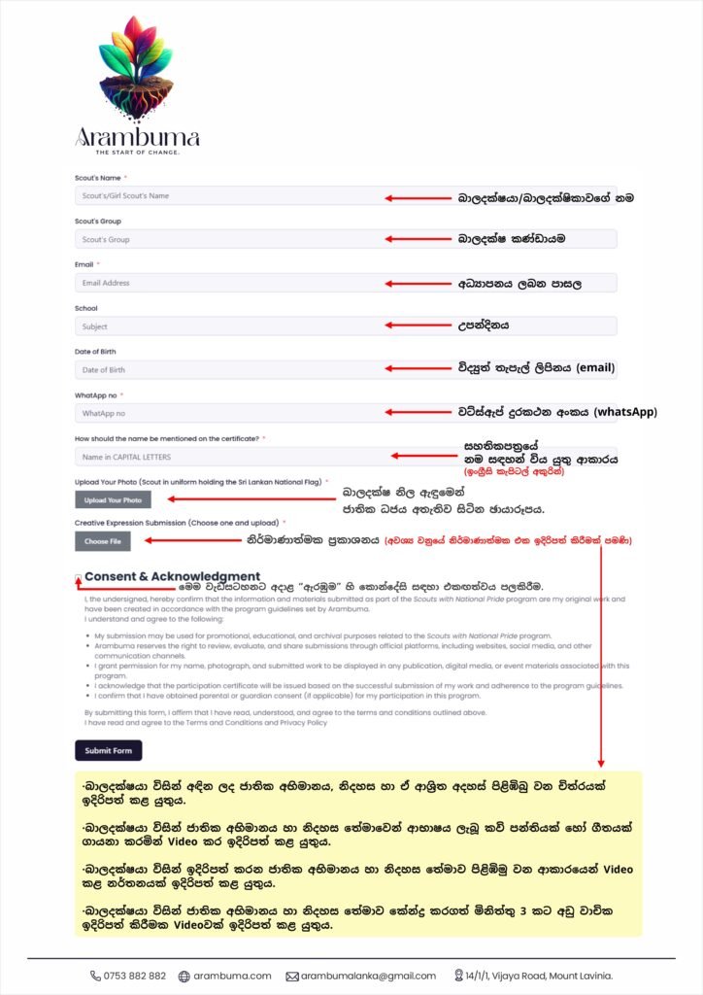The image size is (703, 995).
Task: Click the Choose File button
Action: [102, 541]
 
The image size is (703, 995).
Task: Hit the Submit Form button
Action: [108, 750]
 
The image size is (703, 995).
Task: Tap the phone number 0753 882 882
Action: [134, 976]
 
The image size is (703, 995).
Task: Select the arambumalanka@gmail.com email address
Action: [367, 976]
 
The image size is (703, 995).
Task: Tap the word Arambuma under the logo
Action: [137, 136]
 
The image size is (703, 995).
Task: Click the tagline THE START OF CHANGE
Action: [137, 153]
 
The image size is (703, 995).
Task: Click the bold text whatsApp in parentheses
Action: [623, 412]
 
